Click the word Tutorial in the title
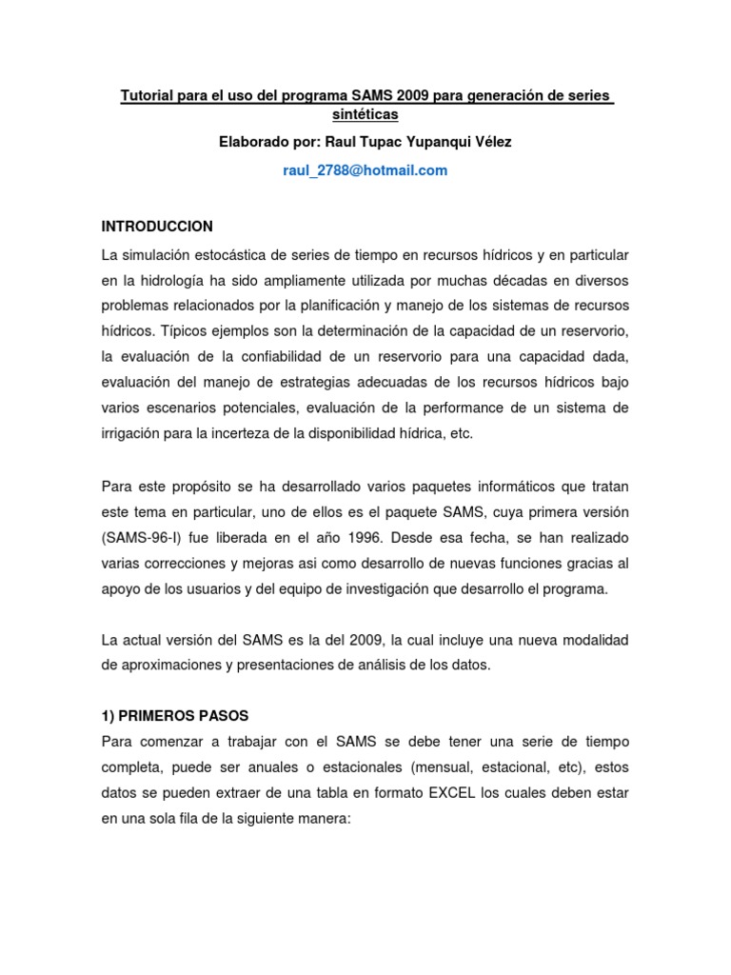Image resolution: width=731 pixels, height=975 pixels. click(145, 96)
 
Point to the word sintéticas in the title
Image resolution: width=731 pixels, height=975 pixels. click(365, 114)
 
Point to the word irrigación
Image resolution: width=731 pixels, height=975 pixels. click(134, 432)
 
